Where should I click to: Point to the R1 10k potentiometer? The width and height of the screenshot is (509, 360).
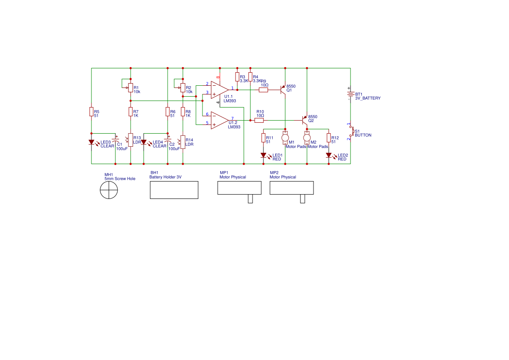[131, 88]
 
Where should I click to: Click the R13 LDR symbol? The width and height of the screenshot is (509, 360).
[131, 141]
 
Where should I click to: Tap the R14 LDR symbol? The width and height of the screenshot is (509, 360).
[183, 141]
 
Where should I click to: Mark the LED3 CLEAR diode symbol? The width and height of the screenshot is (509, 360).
[91, 142]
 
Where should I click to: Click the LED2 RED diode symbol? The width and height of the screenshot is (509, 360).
[329, 155]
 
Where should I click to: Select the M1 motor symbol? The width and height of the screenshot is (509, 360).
[285, 138]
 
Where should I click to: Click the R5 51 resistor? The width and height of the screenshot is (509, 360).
[91, 112]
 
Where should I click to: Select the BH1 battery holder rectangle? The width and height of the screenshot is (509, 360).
[174, 190]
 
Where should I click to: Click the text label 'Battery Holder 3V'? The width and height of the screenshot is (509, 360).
[165, 177]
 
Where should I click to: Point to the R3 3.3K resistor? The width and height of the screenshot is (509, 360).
[237, 77]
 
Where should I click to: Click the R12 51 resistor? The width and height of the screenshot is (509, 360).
[329, 138]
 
